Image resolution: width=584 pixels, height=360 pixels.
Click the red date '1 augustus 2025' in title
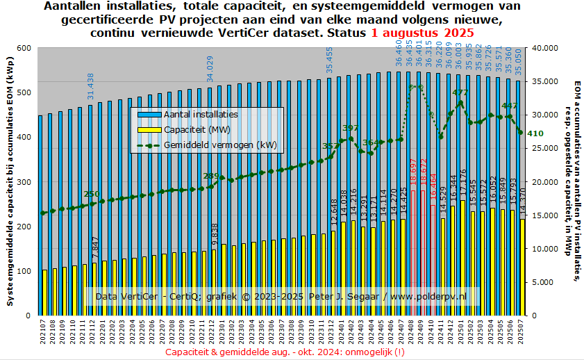(423, 33)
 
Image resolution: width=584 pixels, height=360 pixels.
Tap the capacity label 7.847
(95, 249)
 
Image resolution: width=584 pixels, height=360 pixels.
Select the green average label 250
(92, 194)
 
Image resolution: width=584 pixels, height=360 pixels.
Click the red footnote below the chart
(285, 352)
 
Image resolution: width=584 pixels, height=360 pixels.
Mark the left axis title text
(10, 181)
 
